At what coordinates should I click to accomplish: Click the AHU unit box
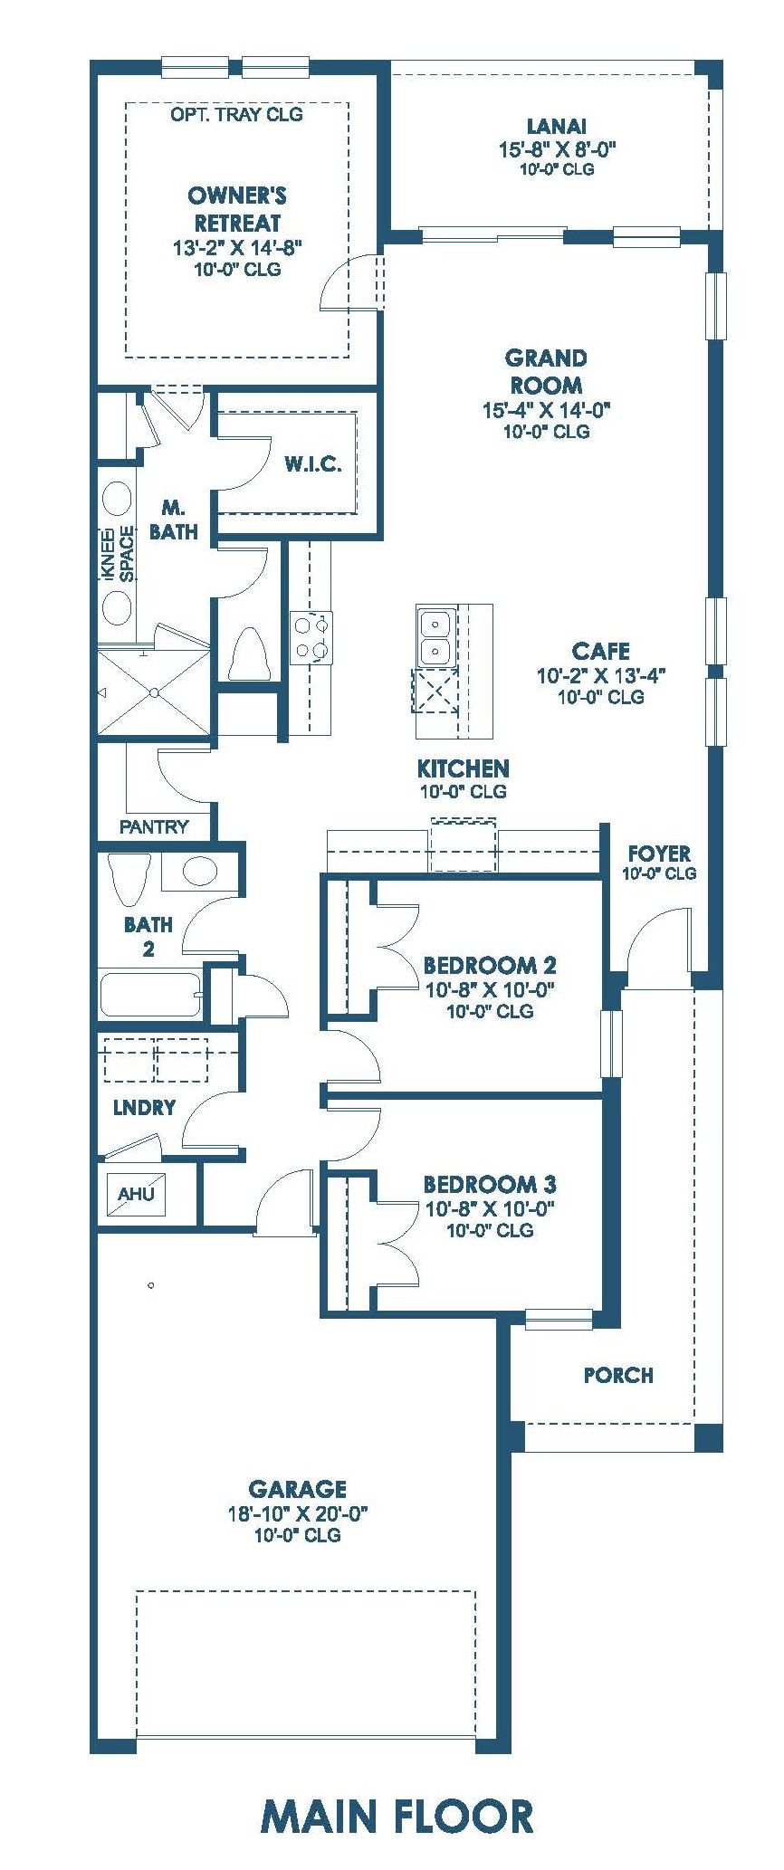[x=137, y=1193]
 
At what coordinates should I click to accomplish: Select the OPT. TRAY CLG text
[x=236, y=114]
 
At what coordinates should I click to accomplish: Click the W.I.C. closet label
[x=313, y=465]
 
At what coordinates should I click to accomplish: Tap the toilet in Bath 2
[x=127, y=879]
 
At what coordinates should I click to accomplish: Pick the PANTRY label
[x=154, y=826]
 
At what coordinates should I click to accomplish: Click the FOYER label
[x=659, y=854]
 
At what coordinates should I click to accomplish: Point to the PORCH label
[x=618, y=1375]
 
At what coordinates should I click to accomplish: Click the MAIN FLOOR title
[x=397, y=1816]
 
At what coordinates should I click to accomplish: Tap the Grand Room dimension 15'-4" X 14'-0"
[x=547, y=410]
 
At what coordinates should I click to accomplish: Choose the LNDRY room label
[x=145, y=1108]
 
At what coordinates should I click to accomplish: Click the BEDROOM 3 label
[x=490, y=1184]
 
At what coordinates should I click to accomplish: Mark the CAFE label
[x=601, y=651]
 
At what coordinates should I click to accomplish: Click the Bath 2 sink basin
[x=200, y=872]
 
